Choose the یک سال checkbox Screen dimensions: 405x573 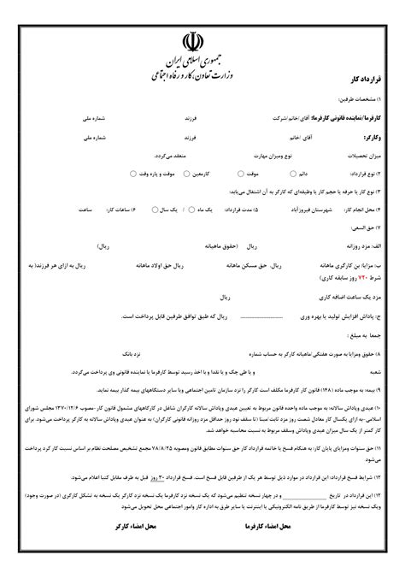pos(151,209)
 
